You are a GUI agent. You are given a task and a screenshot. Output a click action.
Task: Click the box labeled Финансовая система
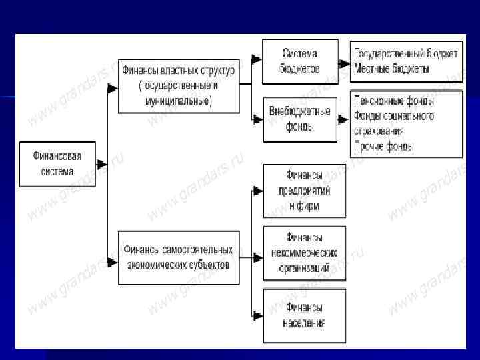tap(57, 163)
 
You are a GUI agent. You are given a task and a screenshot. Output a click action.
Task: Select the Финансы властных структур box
tap(178, 85)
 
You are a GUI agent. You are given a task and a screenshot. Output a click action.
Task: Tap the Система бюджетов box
tap(299, 61)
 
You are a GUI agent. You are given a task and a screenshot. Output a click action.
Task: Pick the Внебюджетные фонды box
tap(299, 119)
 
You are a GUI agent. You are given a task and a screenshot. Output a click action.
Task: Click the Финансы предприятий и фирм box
tap(305, 191)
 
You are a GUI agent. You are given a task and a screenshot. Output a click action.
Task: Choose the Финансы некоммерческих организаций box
tap(305, 253)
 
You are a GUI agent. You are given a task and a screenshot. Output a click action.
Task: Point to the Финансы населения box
tap(305, 315)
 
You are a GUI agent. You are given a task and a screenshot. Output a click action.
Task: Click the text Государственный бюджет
tap(406, 54)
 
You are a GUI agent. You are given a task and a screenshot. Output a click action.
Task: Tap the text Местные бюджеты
tap(392, 69)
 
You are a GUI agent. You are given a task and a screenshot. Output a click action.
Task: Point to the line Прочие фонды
tap(384, 146)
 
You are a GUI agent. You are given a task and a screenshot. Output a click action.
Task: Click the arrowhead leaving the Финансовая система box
tap(101, 164)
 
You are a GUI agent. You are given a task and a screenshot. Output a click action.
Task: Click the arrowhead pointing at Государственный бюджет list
tap(344, 63)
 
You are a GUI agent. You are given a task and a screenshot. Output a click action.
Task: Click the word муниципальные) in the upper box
tap(178, 101)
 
